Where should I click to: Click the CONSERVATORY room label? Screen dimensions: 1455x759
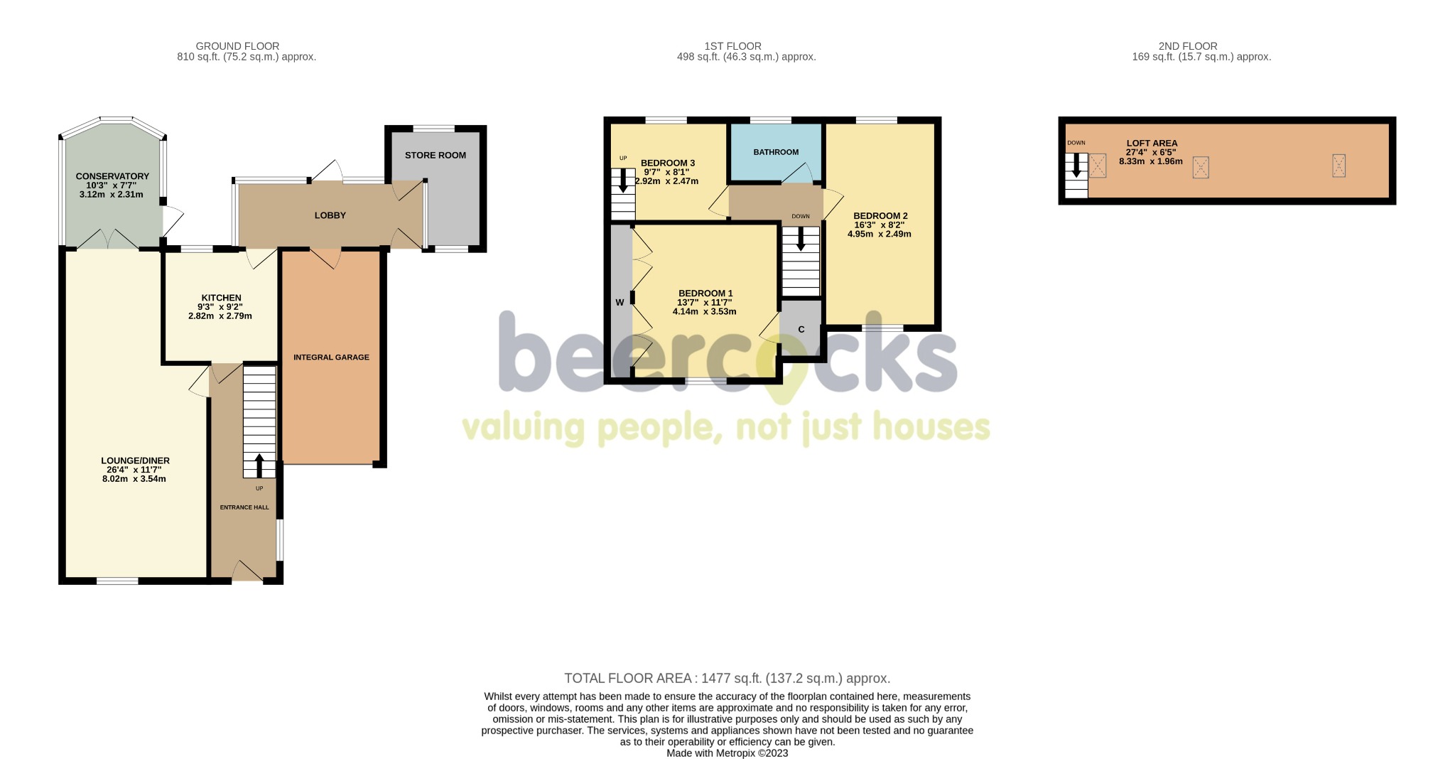click(x=112, y=176)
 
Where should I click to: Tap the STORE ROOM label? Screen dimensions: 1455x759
click(x=436, y=155)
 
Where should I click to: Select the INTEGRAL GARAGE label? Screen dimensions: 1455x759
click(x=331, y=357)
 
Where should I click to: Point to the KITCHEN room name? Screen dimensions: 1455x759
click(x=222, y=298)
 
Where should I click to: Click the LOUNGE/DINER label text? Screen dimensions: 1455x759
click(x=135, y=461)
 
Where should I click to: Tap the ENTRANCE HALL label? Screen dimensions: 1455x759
click(x=244, y=507)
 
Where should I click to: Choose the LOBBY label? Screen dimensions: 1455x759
click(x=330, y=215)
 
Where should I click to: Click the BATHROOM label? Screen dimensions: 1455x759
click(x=776, y=152)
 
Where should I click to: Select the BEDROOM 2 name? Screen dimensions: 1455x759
click(x=880, y=216)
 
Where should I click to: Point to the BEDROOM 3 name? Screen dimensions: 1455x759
click(x=668, y=163)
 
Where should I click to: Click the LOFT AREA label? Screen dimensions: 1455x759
click(x=1152, y=144)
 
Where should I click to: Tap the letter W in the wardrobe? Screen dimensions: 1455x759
click(x=620, y=303)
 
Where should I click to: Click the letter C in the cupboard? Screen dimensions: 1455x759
click(x=801, y=330)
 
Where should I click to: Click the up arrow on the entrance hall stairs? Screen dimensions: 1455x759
click(x=259, y=465)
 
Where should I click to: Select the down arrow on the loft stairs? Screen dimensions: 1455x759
click(x=1076, y=165)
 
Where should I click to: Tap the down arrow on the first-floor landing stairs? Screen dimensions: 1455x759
click(x=801, y=239)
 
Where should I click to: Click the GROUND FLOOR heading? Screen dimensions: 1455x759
click(x=237, y=46)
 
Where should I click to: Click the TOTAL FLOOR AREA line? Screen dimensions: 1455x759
click(x=727, y=679)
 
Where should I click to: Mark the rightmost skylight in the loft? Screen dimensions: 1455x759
click(x=1339, y=166)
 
